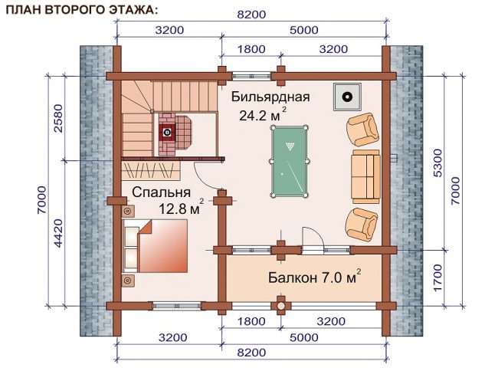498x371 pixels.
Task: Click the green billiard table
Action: (x=289, y=162)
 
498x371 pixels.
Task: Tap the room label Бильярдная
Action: (x=270, y=97)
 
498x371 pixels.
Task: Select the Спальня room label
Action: (x=161, y=192)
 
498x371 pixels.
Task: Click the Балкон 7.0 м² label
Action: (x=314, y=277)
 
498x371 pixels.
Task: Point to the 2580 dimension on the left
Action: (x=59, y=118)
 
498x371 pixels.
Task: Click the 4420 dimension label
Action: (x=59, y=233)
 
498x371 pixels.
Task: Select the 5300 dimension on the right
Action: (x=437, y=163)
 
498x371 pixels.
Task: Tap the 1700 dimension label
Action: (x=437, y=277)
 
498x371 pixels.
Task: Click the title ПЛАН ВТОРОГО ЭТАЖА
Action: (x=82, y=10)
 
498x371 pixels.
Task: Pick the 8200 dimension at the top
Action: (x=251, y=15)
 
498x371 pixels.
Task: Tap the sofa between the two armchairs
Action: (x=366, y=176)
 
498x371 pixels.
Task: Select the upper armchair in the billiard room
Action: (x=362, y=130)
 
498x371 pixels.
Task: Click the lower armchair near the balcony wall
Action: (x=362, y=225)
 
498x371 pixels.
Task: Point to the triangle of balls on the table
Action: (x=290, y=146)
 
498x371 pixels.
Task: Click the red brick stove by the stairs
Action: (x=175, y=134)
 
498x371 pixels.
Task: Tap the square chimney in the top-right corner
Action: (x=347, y=97)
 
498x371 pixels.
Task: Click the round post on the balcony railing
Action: (x=280, y=306)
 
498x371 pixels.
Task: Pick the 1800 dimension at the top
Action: (x=251, y=49)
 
